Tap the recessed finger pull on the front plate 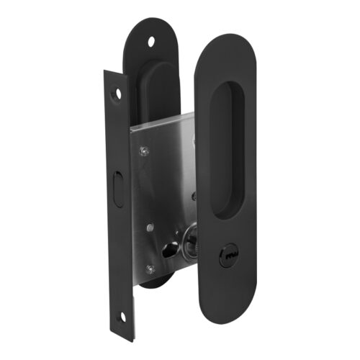click(x=230, y=148)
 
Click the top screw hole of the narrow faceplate click(x=117, y=94)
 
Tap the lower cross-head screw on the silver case click(x=150, y=269)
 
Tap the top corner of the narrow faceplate click(x=108, y=72)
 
